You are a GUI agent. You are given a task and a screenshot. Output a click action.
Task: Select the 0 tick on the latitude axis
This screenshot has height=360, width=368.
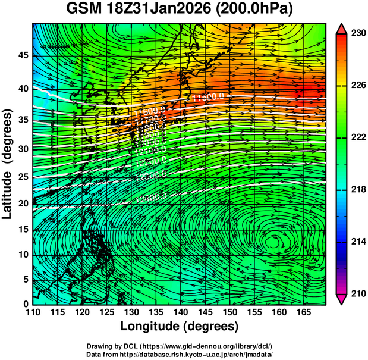(25, 304)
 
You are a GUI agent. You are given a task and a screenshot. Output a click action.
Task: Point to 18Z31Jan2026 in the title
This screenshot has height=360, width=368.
(163, 10)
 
